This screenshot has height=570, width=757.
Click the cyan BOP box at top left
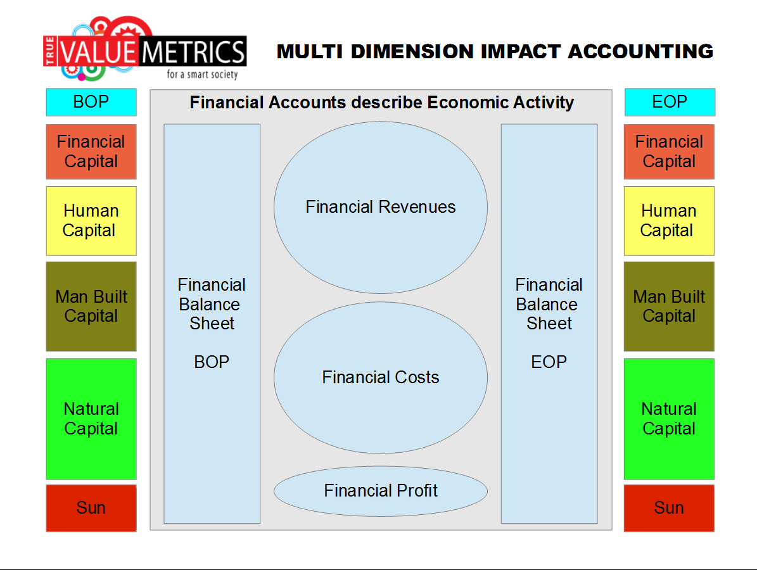tap(91, 102)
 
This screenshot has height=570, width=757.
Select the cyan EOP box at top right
tap(670, 102)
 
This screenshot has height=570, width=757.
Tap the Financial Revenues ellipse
tap(381, 208)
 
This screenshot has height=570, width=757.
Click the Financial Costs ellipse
tap(381, 377)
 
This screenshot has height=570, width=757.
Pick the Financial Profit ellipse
tap(381, 491)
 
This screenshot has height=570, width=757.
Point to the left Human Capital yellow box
tap(91, 220)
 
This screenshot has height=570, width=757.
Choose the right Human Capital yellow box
tap(669, 220)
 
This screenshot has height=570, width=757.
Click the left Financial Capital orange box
tap(91, 151)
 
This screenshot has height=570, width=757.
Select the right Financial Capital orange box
tap(669, 151)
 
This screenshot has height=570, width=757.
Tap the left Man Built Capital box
tap(91, 307)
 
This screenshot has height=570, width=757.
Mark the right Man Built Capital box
tap(669, 307)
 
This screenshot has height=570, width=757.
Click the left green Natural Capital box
tap(91, 419)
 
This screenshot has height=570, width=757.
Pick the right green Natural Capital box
tap(669, 419)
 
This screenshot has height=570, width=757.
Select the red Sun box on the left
tap(91, 508)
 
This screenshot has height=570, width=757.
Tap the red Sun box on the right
tap(669, 508)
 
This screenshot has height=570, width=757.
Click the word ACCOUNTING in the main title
tap(640, 52)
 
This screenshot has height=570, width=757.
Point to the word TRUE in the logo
tap(50, 51)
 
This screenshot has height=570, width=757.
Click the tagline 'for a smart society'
tap(202, 74)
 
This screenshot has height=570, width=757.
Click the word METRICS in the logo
tap(194, 52)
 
